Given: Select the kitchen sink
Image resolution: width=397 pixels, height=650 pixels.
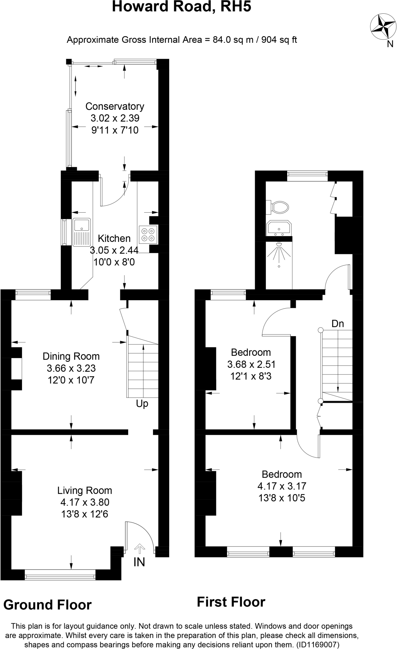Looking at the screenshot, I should pyautogui.click(x=82, y=232).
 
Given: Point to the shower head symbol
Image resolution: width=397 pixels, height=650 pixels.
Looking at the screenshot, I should pyautogui.click(x=279, y=244).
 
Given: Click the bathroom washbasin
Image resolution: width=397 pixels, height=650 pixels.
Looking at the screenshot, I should pyautogui.click(x=279, y=228).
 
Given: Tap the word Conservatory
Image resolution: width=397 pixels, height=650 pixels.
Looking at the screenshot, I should pyautogui.click(x=115, y=106).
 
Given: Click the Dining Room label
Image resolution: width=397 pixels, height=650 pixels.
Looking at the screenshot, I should pyautogui.click(x=71, y=356).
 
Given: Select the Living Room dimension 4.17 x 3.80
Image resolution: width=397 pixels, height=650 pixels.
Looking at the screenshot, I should pyautogui.click(x=85, y=502).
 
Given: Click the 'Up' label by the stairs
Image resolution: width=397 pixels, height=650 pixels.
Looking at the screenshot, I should pyautogui.click(x=142, y=404).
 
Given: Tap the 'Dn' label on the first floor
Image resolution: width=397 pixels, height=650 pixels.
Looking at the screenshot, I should pyautogui.click(x=338, y=323).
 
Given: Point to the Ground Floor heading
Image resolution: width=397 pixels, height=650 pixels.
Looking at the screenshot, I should pyautogui.click(x=48, y=605).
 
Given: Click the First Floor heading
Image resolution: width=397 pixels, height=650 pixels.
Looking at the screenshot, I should pyautogui.click(x=231, y=602).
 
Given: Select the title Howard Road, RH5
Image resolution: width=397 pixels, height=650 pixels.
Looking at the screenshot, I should pyautogui.click(x=182, y=7).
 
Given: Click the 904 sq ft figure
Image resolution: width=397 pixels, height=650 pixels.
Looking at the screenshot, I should pyautogui.click(x=279, y=40).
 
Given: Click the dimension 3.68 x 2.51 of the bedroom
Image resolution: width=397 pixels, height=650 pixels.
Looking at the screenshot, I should pyautogui.click(x=251, y=364).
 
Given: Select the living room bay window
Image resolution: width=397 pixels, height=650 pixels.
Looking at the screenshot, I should pyautogui.click(x=60, y=574).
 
